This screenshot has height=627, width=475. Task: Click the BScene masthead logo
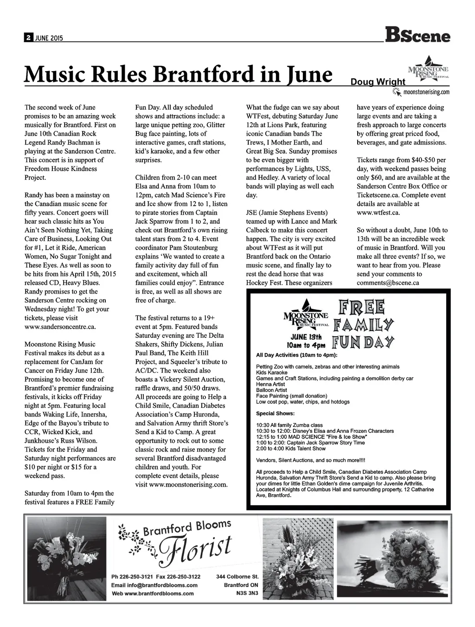tap(417, 35)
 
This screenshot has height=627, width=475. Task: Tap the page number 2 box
tap(28, 38)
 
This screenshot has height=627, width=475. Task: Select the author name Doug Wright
tap(378, 82)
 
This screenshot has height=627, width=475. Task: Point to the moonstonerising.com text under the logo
tap(426, 92)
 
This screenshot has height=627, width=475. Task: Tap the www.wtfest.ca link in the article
tap(378, 213)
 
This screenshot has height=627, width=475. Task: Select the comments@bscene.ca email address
tap(388, 282)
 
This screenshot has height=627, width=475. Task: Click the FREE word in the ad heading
tap(362, 307)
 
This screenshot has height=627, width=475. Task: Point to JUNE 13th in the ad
tap(306, 337)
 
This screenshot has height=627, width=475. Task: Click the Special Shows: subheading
tap(275, 413)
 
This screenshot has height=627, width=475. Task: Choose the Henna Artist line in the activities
tap(270, 385)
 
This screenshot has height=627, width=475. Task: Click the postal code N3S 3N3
tap(247, 594)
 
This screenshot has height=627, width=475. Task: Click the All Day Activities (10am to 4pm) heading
tap(297, 355)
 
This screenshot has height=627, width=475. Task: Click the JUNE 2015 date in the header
tap(48, 38)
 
